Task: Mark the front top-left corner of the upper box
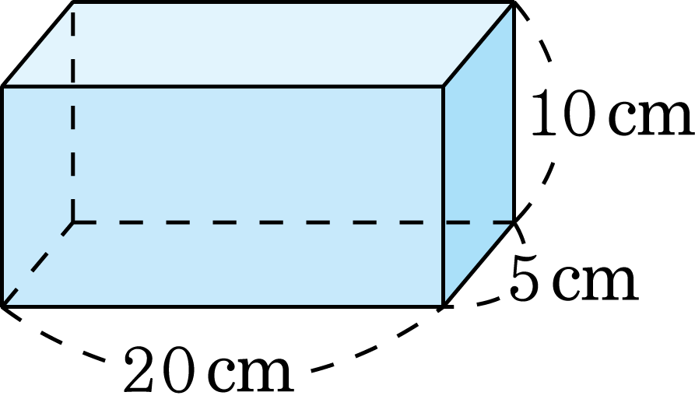click(x=5, y=86)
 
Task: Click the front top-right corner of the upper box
click(x=443, y=86)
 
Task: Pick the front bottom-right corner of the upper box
click(x=443, y=306)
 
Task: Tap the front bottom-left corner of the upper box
click(x=5, y=305)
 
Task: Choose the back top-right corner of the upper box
click(x=511, y=5)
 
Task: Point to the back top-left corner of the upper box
click(x=73, y=5)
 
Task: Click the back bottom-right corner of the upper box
click(x=511, y=222)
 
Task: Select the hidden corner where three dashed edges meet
click(x=73, y=222)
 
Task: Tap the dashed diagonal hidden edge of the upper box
click(x=39, y=263)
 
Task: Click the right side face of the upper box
click(x=477, y=156)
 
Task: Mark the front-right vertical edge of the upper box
click(x=443, y=194)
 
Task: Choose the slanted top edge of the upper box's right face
click(x=477, y=45)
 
